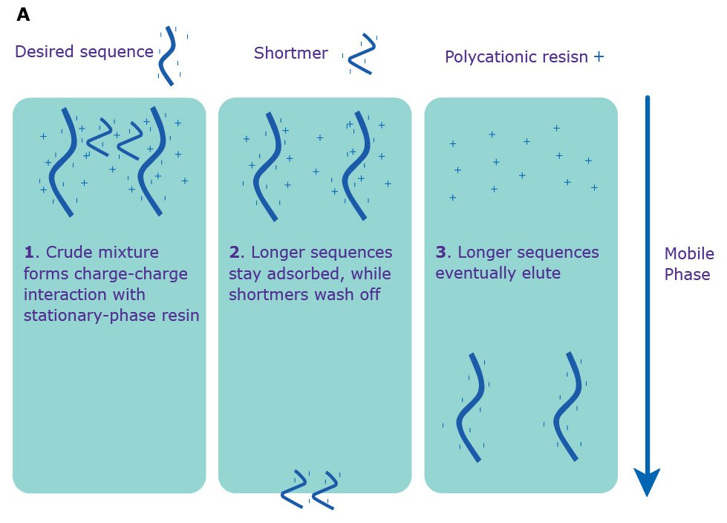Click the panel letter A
point(23,15)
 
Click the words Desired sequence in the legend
point(84,52)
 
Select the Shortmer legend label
point(290,53)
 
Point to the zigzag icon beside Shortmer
point(360,54)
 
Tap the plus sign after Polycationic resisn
point(599,56)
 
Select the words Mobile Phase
point(688,264)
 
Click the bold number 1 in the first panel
point(28,253)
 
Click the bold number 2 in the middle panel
point(234,253)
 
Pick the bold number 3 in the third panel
point(440,253)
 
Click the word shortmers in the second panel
point(266,294)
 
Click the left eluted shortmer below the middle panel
point(295,489)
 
